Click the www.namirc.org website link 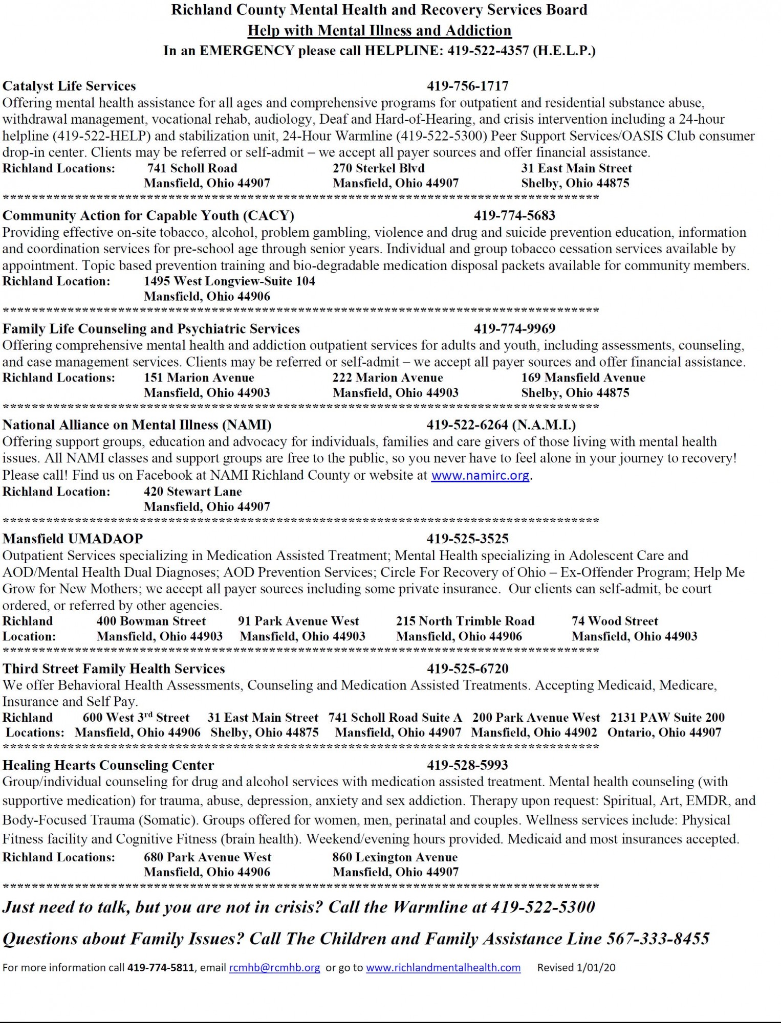click(480, 475)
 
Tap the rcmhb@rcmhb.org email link click(274, 967)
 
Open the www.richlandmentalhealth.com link click(443, 967)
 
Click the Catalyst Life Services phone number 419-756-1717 click(467, 86)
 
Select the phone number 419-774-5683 click(514, 215)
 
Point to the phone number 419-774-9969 click(514, 328)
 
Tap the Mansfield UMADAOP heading click(73, 539)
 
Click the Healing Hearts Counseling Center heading click(108, 765)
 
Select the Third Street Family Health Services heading click(114, 669)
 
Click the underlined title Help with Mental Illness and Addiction click(379, 31)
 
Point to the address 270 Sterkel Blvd click(378, 168)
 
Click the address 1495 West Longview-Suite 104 click(229, 281)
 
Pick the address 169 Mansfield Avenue click(583, 377)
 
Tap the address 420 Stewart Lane click(192, 492)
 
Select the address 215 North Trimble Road click(465, 621)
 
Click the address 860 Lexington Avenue click(395, 857)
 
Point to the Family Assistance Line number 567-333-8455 click(658, 939)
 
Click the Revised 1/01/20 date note click(576, 967)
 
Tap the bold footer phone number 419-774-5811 click(161, 967)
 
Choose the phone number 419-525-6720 click(467, 669)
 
